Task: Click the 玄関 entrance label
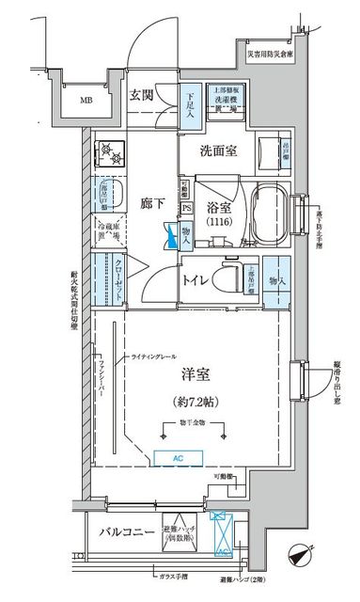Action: pyautogui.click(x=143, y=94)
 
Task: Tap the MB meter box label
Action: pyautogui.click(x=86, y=100)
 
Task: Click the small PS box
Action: pyautogui.click(x=186, y=208)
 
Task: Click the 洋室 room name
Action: pyautogui.click(x=196, y=373)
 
